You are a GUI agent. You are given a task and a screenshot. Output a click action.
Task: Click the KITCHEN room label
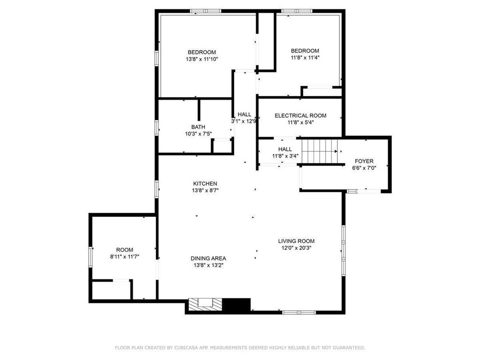pyautogui.click(x=205, y=184)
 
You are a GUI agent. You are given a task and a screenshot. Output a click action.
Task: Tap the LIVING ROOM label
pyautogui.click(x=296, y=241)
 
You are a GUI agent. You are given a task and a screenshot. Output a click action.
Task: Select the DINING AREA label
pyautogui.click(x=209, y=258)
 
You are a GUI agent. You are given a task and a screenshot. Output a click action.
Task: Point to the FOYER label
pyautogui.click(x=364, y=161)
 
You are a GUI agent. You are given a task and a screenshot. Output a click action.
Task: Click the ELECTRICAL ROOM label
pyautogui.click(x=300, y=116)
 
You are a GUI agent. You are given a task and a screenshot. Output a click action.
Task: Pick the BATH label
pyautogui.click(x=198, y=127)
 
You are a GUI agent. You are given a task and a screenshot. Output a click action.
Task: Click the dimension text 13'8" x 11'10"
pyautogui.click(x=202, y=59)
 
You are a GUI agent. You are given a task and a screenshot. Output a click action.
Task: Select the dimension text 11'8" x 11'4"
pyautogui.click(x=305, y=57)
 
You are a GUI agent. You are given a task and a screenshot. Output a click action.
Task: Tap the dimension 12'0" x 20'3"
pyautogui.click(x=296, y=248)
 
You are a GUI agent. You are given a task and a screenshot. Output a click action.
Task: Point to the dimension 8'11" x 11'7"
pyautogui.click(x=125, y=256)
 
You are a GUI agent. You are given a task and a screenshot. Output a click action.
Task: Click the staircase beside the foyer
pyautogui.click(x=320, y=151)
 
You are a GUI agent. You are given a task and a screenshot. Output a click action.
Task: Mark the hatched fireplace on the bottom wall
pyautogui.click(x=205, y=305)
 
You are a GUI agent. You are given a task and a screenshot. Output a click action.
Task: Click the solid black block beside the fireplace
pyautogui.click(x=236, y=305)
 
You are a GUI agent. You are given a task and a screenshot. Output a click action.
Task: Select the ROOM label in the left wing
pyautogui.click(x=125, y=250)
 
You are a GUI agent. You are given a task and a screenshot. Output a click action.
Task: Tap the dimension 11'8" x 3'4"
pyautogui.click(x=285, y=156)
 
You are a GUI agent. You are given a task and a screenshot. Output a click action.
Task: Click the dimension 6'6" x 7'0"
pyautogui.click(x=364, y=168)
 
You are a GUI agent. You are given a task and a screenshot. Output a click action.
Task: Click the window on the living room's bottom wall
pyautogui.click(x=299, y=312)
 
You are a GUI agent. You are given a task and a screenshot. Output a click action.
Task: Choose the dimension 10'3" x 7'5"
pyautogui.click(x=198, y=134)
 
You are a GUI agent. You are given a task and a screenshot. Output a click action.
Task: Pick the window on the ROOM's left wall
pyautogui.click(x=90, y=257)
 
